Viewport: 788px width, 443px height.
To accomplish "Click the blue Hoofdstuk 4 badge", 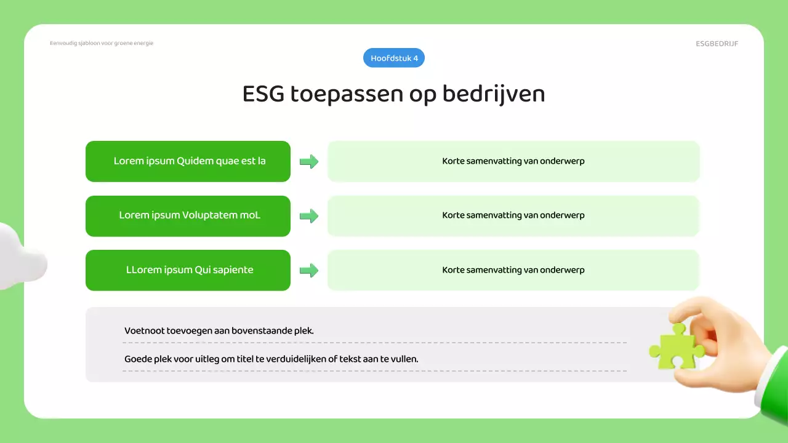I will pyautogui.click(x=394, y=58).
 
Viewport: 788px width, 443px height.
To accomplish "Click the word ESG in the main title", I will pyautogui.click(x=263, y=94).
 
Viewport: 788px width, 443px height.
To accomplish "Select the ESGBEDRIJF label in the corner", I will pyautogui.click(x=717, y=44).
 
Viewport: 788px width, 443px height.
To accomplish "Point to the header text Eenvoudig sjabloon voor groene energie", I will pyautogui.click(x=102, y=43).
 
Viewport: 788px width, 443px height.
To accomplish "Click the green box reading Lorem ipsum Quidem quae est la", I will pyautogui.click(x=188, y=161).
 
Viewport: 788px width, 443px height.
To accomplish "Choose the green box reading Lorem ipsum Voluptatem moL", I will pyautogui.click(x=188, y=216).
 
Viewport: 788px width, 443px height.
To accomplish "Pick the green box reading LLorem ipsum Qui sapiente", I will pyautogui.click(x=188, y=270).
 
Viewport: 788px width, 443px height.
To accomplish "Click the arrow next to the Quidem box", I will pyautogui.click(x=308, y=162).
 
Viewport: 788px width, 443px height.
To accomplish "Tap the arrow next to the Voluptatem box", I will pyautogui.click(x=308, y=216).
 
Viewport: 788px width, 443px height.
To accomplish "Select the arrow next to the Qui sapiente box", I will pyautogui.click(x=308, y=270).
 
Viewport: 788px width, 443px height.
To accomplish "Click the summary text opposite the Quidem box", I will pyautogui.click(x=513, y=161).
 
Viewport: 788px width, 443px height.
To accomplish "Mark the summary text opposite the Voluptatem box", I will pyautogui.click(x=513, y=215).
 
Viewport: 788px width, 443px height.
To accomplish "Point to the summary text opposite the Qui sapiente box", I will pyautogui.click(x=513, y=269).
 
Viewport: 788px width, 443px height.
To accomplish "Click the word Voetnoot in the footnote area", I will pyautogui.click(x=144, y=330).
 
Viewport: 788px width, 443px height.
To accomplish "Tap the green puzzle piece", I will pyautogui.click(x=672, y=348).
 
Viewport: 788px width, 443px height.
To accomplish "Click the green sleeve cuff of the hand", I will pyautogui.click(x=774, y=388).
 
